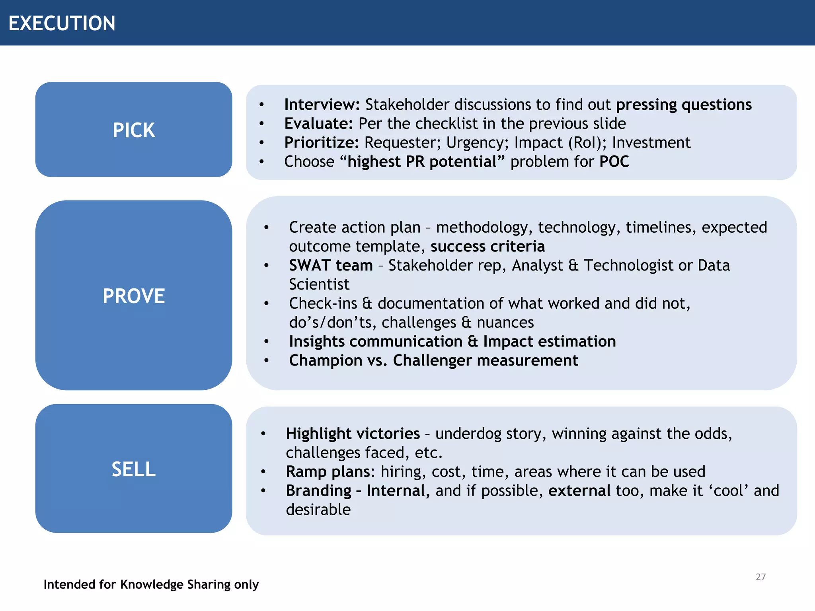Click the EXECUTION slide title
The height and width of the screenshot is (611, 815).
click(x=62, y=23)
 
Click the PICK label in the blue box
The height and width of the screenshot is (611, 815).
click(x=134, y=130)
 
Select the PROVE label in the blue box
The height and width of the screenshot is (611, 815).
click(x=134, y=296)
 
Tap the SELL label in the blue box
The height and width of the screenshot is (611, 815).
click(x=134, y=469)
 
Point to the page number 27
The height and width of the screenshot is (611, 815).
click(x=760, y=577)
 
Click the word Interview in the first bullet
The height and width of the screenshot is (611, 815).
click(x=321, y=105)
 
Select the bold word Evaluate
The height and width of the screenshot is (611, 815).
click(x=318, y=124)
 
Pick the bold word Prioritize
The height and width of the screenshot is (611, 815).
click(x=321, y=143)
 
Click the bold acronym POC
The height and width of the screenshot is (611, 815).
click(x=614, y=162)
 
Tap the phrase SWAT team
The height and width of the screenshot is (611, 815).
click(x=331, y=265)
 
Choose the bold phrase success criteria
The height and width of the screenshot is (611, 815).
click(x=487, y=246)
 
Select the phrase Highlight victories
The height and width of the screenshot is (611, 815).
click(x=353, y=434)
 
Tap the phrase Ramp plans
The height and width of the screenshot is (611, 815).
click(x=330, y=472)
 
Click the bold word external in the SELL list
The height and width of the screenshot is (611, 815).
click(x=579, y=491)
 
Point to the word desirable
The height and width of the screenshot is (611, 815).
click(x=318, y=510)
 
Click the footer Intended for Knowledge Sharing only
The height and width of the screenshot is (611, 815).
click(x=151, y=584)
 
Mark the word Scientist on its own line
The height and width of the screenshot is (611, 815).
click(x=319, y=284)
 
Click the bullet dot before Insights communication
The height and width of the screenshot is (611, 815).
click(x=266, y=342)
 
